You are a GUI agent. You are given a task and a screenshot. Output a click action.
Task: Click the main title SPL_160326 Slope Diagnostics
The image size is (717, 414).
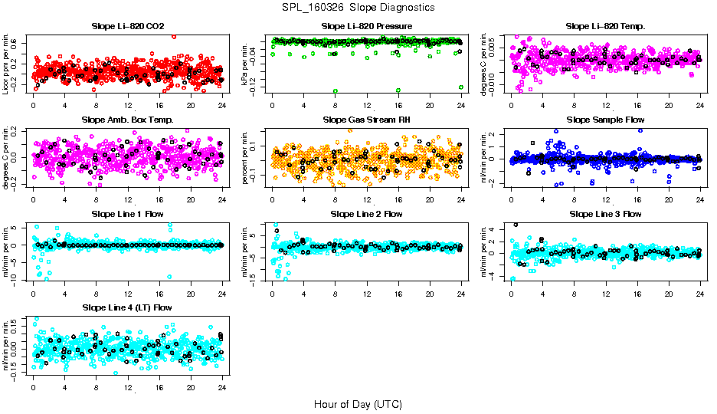click(358, 7)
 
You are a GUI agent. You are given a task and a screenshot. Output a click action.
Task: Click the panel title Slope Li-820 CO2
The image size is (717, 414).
click(127, 26)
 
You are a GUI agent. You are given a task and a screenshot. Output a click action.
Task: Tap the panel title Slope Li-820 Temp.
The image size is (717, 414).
click(605, 26)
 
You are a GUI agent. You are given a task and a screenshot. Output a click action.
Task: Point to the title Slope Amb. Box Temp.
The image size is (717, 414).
click(127, 120)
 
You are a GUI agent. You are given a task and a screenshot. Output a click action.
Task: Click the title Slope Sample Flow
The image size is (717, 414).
click(605, 120)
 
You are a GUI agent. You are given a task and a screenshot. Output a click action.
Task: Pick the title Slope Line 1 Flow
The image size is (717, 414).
click(127, 214)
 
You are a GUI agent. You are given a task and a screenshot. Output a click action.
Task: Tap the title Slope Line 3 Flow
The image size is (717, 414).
click(605, 214)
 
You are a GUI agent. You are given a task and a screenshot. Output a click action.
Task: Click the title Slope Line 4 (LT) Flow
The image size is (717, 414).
click(127, 307)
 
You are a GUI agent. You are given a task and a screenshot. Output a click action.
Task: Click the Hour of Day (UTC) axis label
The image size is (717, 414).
click(358, 403)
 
